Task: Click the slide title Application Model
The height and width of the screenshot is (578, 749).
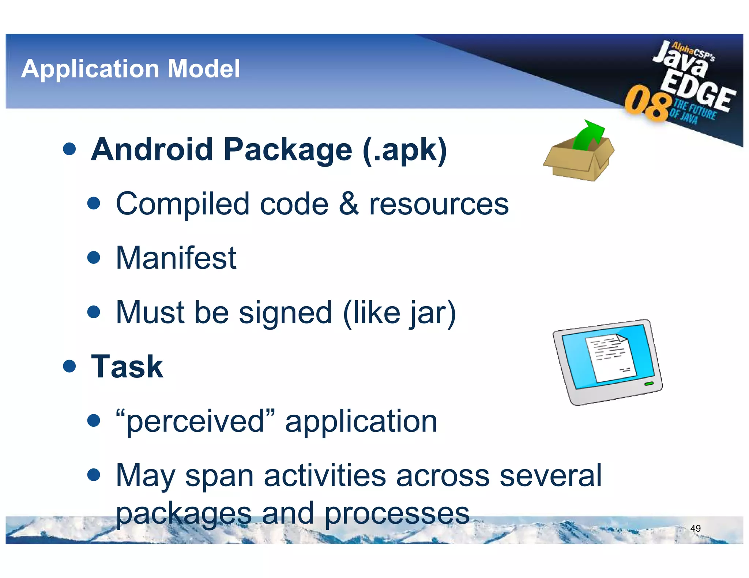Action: click(x=131, y=69)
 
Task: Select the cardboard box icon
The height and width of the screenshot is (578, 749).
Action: click(x=578, y=161)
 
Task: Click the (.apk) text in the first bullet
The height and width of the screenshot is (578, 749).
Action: click(x=405, y=149)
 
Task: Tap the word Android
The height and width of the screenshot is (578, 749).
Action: click(x=152, y=149)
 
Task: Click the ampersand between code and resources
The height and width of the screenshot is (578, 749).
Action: click(x=349, y=204)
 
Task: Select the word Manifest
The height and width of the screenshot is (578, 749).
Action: click(x=176, y=258)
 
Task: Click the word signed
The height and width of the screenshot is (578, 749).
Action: click(x=285, y=313)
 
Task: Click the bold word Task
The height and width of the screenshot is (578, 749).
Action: click(x=127, y=366)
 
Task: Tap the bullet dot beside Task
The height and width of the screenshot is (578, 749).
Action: click(x=69, y=366)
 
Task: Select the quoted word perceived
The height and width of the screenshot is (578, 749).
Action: click(x=195, y=421)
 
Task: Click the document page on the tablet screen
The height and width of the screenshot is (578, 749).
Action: click(x=610, y=358)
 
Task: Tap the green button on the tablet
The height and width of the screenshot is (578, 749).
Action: click(x=649, y=384)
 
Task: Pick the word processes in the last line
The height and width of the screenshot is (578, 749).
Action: click(x=397, y=513)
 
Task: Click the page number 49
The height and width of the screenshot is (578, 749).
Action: click(x=695, y=528)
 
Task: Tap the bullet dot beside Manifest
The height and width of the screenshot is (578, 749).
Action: click(x=94, y=258)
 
